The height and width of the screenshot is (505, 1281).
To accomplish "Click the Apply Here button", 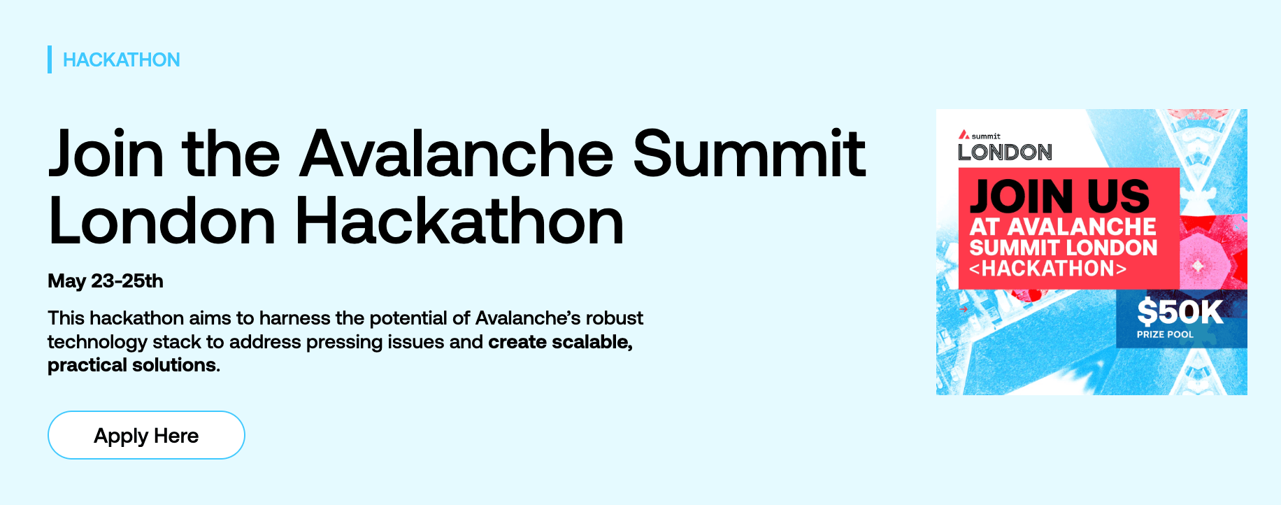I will coord(146,435).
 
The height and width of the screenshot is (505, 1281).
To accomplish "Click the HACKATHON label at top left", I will coord(121,60).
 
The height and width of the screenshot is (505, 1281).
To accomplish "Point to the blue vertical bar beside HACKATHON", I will coord(50,59).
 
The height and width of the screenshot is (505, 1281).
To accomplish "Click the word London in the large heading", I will coord(162,222).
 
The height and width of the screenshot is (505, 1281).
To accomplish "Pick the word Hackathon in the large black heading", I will coord(459,222).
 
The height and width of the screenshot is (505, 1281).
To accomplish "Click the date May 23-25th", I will coord(106,281).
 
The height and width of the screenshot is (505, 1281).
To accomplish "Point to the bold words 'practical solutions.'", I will coord(134,365).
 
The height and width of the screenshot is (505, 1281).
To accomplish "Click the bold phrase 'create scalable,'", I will coord(560,342).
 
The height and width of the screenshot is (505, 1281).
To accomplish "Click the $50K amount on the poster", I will coord(1180,312).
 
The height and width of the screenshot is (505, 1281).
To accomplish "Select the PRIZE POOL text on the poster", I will coord(1165,334).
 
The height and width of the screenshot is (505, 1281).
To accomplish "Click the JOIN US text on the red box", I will coord(1059,197).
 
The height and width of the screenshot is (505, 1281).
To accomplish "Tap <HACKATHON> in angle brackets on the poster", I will coord(1047,269).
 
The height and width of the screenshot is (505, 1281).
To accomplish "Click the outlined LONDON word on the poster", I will coord(1005,152).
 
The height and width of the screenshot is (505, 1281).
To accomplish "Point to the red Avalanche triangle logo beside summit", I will coord(964,134).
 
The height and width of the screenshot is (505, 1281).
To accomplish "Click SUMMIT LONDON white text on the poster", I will coord(1063,248).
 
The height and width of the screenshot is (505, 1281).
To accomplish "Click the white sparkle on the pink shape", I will coord(1198,266).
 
